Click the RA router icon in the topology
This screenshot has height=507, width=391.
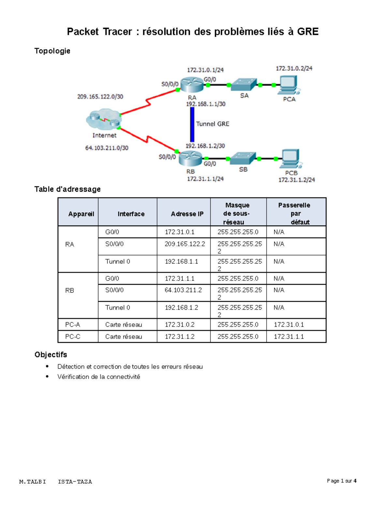pyautogui.click(x=192, y=85)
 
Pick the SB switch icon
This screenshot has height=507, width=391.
pyautogui.click(x=243, y=158)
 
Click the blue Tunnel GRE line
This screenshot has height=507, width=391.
pyautogui.click(x=192, y=124)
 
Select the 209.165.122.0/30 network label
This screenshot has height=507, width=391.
pyautogui.click(x=100, y=97)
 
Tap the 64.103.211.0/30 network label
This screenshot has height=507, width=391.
pyautogui.click(x=107, y=148)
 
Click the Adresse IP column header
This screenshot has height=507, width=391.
pyautogui.click(x=187, y=214)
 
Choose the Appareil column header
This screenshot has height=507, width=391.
pyautogui.click(x=81, y=214)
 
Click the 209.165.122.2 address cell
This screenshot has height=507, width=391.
pyautogui.click(x=185, y=244)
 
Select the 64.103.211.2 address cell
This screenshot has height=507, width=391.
pyautogui.click(x=183, y=290)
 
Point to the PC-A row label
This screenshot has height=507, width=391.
pyautogui.click(x=73, y=325)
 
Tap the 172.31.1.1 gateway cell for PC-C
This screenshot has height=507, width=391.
pyautogui.click(x=289, y=337)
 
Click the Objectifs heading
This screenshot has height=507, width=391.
pyautogui.click(x=51, y=355)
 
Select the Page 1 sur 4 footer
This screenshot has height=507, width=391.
pyautogui.click(x=341, y=481)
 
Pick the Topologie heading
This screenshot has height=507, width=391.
pyautogui.click(x=52, y=51)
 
